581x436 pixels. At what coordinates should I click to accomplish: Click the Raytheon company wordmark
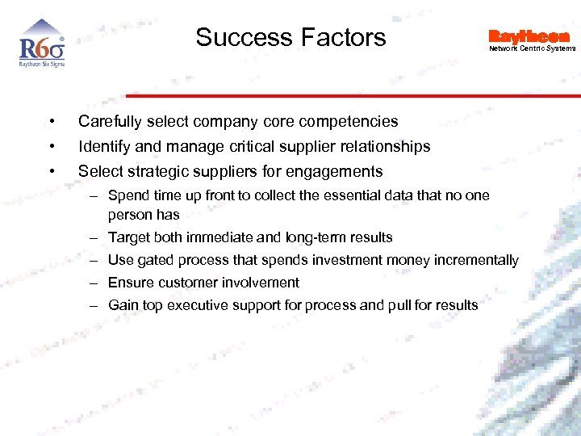pyautogui.click(x=529, y=36)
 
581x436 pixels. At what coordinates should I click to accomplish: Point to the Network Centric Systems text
pyautogui.click(x=532, y=48)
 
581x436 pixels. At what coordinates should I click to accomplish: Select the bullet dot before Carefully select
pyautogui.click(x=51, y=122)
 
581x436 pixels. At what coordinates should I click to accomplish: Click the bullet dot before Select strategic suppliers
pyautogui.click(x=51, y=171)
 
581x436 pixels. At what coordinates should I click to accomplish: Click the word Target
pyautogui.click(x=129, y=237)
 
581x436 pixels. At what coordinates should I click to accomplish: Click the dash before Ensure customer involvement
pyautogui.click(x=94, y=283)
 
